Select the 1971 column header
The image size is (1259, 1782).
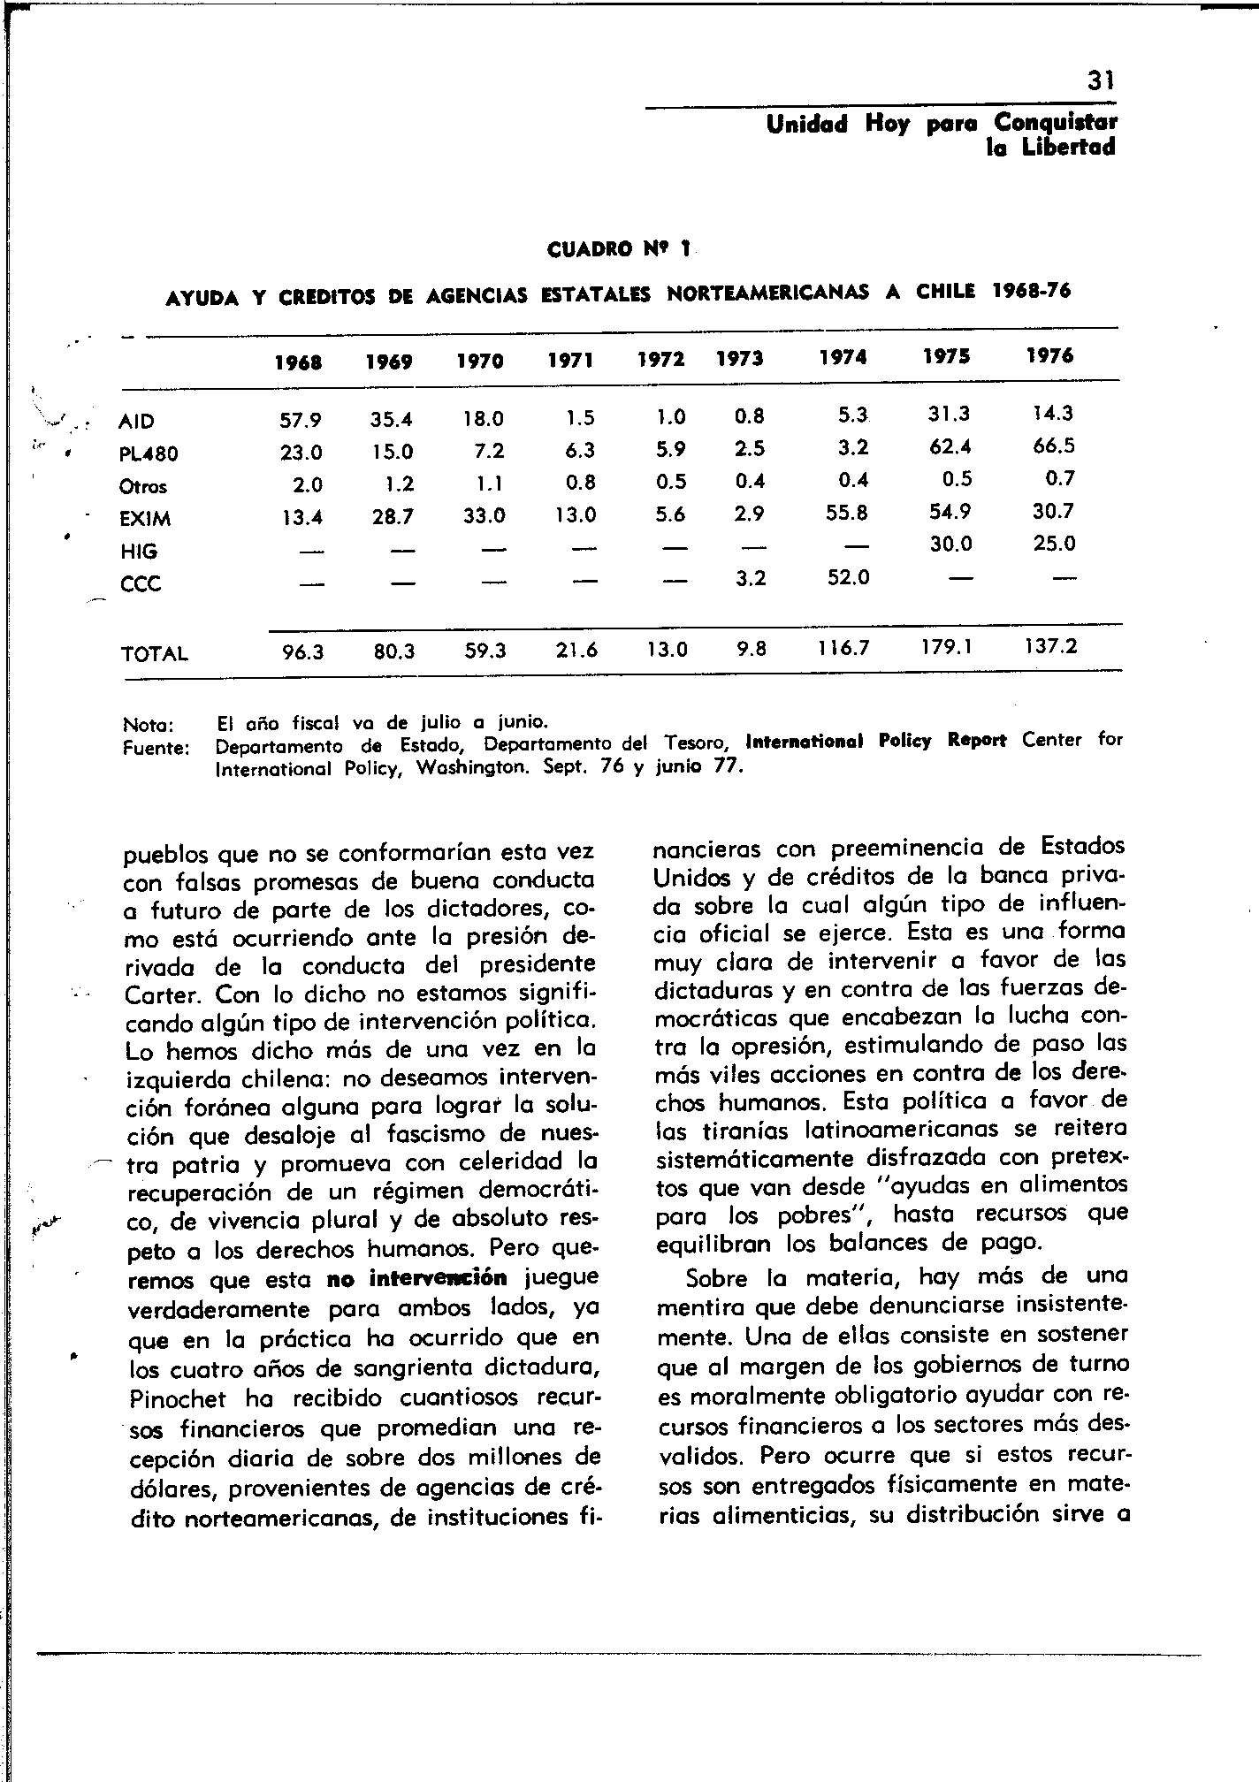click(x=570, y=360)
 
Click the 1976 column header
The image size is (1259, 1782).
click(x=1049, y=355)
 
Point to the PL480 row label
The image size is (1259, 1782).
click(x=149, y=454)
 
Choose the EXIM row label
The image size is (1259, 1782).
click(x=145, y=519)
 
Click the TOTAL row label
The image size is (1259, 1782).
click(x=154, y=654)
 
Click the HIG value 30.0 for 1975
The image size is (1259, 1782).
click(x=950, y=545)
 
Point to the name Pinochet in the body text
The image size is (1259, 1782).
click(x=177, y=1399)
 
